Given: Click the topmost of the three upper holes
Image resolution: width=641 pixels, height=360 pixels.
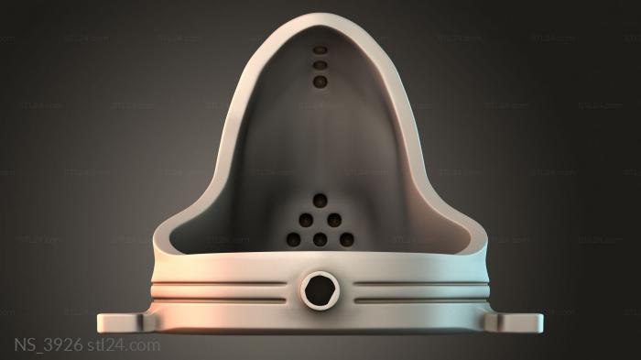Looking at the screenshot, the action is [x=320, y=49].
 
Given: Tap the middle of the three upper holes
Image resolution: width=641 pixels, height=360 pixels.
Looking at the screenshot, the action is [x=320, y=65].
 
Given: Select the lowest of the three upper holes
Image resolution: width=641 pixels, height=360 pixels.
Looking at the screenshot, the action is [x=320, y=82].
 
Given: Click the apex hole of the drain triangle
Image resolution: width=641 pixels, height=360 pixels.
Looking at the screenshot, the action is [x=320, y=201].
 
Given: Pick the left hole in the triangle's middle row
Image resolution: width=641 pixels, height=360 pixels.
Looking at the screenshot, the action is [x=306, y=220].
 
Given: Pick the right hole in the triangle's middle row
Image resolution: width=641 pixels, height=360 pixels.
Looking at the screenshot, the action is [x=334, y=220].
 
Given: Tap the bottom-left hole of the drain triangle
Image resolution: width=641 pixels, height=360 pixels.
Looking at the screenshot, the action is [x=294, y=239].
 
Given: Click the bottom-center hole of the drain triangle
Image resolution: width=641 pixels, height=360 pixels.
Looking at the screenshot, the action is [x=320, y=239].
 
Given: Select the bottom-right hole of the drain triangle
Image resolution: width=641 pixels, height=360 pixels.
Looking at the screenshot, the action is [x=347, y=239].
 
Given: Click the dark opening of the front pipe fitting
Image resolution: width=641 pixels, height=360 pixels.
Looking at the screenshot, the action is [x=320, y=290].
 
